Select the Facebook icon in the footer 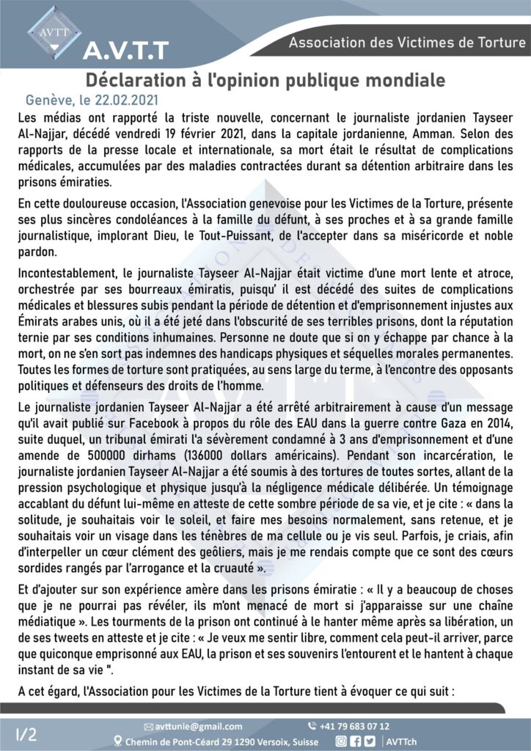(x=354, y=741)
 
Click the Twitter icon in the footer (x=368, y=741)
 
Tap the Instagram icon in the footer (x=340, y=741)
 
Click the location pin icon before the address (x=119, y=741)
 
